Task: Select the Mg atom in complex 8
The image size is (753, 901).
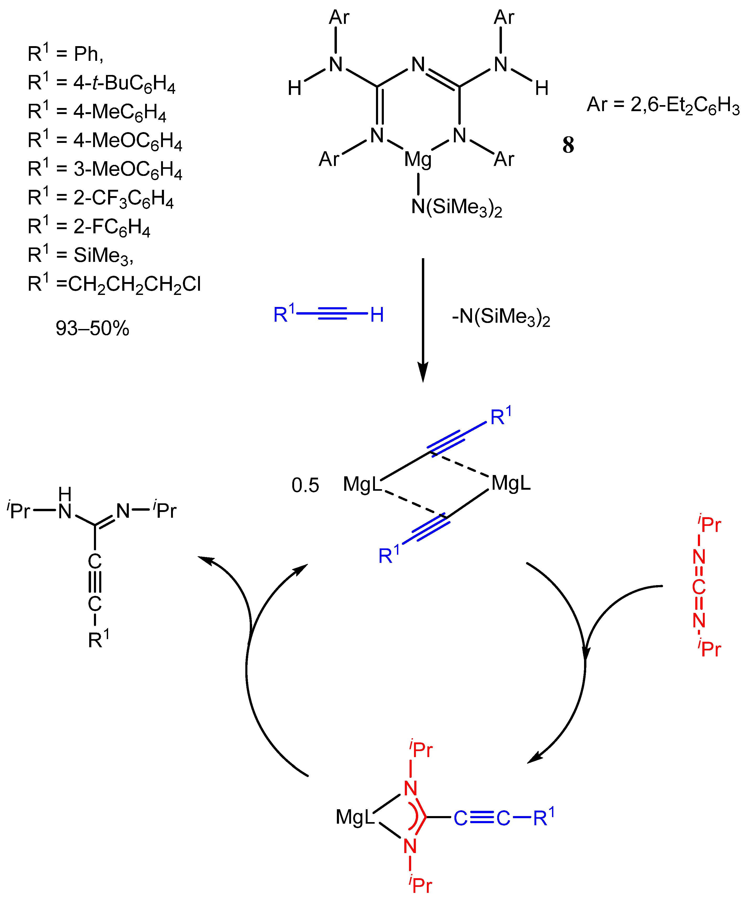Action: coord(418,160)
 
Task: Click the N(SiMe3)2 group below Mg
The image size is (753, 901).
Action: coord(456,208)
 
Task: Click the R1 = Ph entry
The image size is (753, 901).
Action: coord(65,54)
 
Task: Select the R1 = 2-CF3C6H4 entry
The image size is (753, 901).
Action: coord(100,198)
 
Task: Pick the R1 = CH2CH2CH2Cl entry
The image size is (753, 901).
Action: coord(114,284)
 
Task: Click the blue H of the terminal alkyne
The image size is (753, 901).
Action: coord(376,315)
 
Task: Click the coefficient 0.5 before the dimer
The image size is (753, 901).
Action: coord(305,485)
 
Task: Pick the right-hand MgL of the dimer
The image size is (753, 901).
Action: coord(511,483)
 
